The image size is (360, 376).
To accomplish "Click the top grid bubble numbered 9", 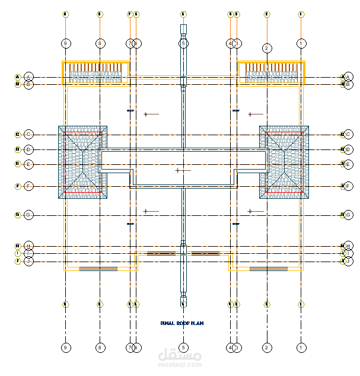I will [65, 43].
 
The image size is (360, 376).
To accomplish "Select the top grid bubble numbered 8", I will [100, 43].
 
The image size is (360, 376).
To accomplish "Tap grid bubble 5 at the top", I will [183, 43].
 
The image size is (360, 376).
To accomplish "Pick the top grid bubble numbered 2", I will [267, 48].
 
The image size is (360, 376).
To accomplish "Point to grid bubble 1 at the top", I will [302, 43].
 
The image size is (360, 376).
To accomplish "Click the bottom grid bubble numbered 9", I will [65, 347].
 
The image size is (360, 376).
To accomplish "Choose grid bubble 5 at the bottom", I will [183, 347].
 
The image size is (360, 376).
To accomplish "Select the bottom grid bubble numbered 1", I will [302, 347].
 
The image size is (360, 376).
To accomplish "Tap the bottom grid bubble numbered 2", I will [267, 347].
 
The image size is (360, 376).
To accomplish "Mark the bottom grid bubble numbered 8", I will [100, 347].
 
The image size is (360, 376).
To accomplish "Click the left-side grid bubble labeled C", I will [28, 135].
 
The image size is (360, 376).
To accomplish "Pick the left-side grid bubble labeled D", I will [28, 149].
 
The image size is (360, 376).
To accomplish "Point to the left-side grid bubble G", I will [28, 215].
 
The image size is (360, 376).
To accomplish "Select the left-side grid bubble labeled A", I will [28, 77].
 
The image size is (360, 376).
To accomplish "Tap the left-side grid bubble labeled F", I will [28, 186].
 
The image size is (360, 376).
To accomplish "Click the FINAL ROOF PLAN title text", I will [181, 323].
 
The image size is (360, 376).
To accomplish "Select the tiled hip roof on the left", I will [82, 161].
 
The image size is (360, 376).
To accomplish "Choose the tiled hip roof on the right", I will [284, 161].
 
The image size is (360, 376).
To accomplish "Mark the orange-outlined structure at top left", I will [96, 72].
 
